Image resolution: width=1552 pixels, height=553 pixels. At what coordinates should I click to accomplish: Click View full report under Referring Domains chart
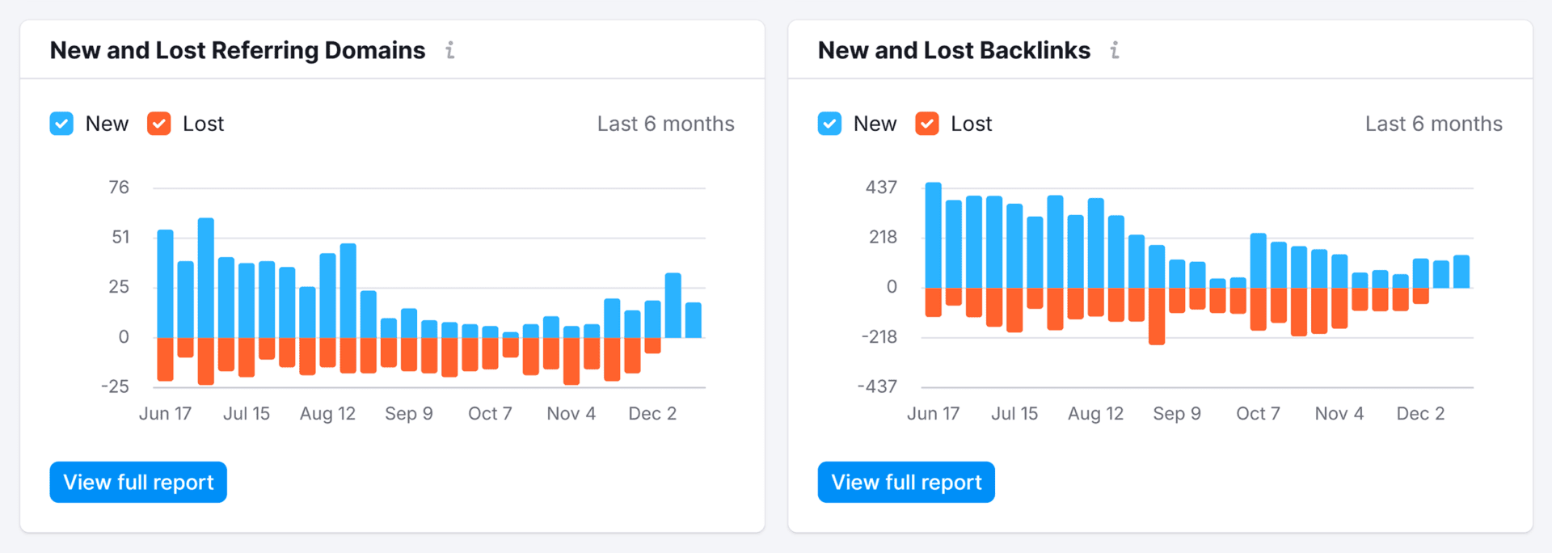(138, 482)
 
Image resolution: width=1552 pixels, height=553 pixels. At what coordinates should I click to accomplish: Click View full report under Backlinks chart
(906, 482)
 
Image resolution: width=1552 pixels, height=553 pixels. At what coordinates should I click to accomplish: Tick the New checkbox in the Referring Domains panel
(61, 124)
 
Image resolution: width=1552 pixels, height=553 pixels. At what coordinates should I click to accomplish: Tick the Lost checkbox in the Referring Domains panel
(159, 124)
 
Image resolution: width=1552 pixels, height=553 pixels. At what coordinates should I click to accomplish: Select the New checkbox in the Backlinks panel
(829, 124)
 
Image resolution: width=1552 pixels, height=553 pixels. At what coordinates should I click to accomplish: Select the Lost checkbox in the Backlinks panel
(927, 124)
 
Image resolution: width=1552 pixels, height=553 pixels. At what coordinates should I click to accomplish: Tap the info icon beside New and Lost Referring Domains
(450, 50)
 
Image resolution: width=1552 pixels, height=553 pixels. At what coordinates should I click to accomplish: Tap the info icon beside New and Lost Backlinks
(1115, 50)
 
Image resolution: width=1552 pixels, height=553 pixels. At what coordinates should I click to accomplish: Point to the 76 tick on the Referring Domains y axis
(119, 188)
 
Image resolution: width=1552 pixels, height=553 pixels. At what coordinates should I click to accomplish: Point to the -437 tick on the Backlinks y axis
(877, 386)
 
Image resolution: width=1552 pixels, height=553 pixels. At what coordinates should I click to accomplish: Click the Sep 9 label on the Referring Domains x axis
(409, 413)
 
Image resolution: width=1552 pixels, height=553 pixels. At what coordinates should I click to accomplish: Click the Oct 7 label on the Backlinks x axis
(1258, 413)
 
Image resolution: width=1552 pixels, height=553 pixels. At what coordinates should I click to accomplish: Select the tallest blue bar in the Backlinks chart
(934, 234)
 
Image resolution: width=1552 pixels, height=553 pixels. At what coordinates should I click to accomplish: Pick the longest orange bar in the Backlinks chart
(1157, 315)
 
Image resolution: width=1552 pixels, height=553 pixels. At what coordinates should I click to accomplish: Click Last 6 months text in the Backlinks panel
(1433, 124)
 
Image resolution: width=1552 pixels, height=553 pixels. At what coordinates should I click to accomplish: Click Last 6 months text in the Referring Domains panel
(665, 124)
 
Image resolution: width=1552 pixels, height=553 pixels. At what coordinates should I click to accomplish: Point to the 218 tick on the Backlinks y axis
(883, 237)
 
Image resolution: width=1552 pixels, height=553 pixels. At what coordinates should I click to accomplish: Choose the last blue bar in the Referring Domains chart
(694, 320)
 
